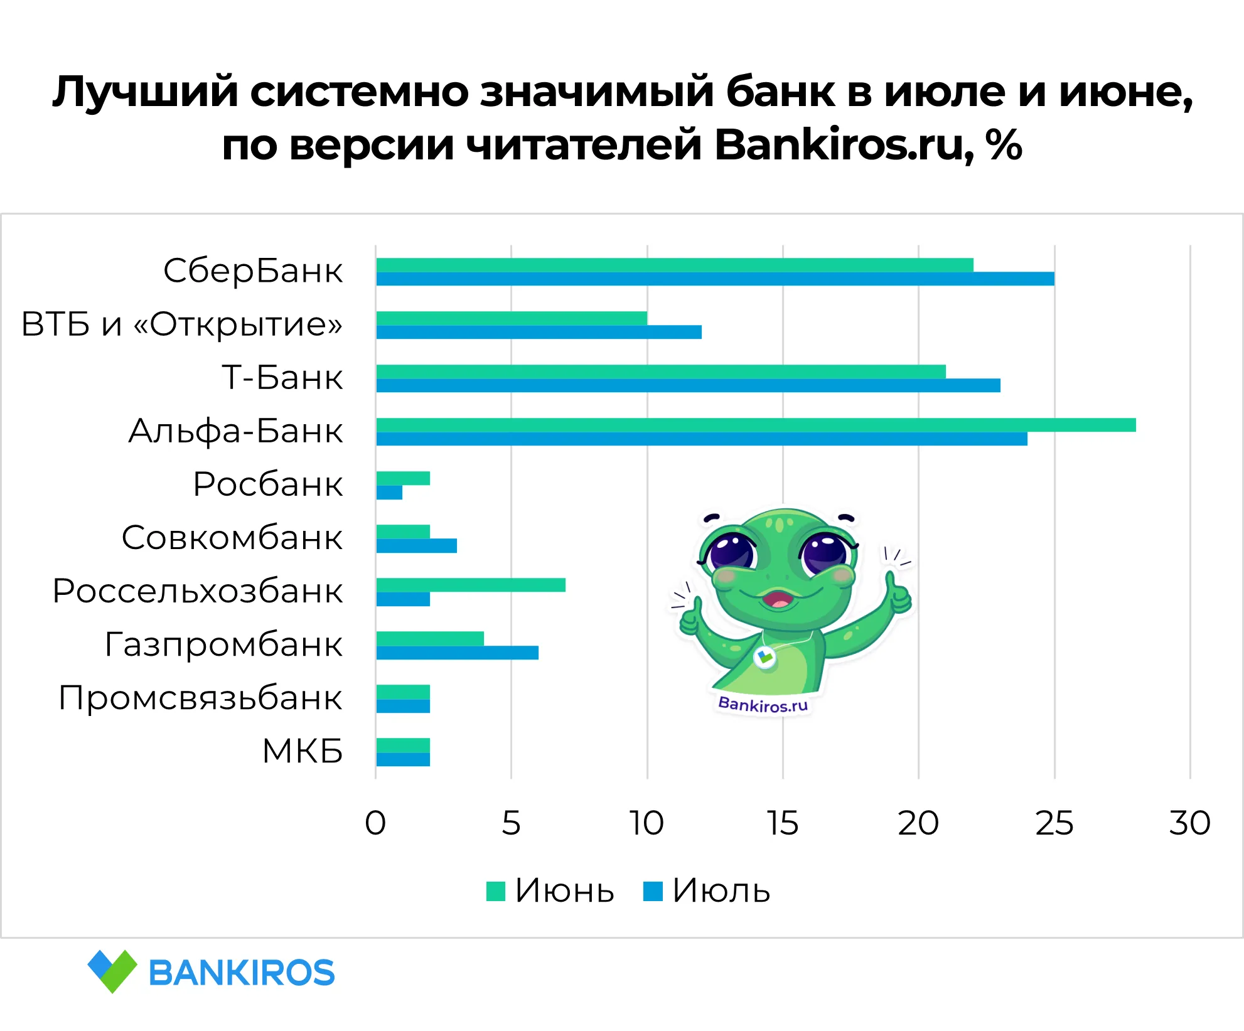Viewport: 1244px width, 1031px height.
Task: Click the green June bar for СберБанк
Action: pyautogui.click(x=675, y=265)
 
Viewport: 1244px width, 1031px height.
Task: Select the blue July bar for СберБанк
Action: pyautogui.click(x=715, y=279)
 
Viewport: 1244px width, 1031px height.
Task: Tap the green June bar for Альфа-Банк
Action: pyautogui.click(x=756, y=425)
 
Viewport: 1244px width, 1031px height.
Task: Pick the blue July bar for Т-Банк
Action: pyautogui.click(x=688, y=385)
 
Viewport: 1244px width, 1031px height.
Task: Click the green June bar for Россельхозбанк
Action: pyautogui.click(x=471, y=585)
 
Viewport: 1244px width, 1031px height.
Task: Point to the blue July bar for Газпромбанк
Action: pyautogui.click(x=457, y=653)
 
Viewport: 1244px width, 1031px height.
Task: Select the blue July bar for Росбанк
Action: pyautogui.click(x=389, y=493)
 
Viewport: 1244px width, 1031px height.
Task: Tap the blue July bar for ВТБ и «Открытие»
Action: pyautogui.click(x=539, y=332)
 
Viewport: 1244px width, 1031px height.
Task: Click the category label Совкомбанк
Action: pyautogui.click(x=232, y=538)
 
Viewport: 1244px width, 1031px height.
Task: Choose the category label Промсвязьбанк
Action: pyautogui.click(x=200, y=698)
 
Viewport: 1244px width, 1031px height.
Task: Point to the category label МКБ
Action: pyautogui.click(x=303, y=751)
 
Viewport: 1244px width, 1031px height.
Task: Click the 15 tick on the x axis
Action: pyautogui.click(x=783, y=823)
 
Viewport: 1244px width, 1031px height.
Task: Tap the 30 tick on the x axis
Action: pyautogui.click(x=1189, y=823)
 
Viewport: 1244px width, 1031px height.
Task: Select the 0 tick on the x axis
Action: pyautogui.click(x=375, y=823)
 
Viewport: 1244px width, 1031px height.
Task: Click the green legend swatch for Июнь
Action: pyautogui.click(x=496, y=891)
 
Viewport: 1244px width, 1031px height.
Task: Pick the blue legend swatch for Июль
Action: pyautogui.click(x=653, y=891)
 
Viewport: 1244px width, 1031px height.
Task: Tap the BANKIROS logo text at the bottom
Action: pyautogui.click(x=242, y=973)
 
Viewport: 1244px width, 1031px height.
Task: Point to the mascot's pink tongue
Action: pyautogui.click(x=779, y=603)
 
